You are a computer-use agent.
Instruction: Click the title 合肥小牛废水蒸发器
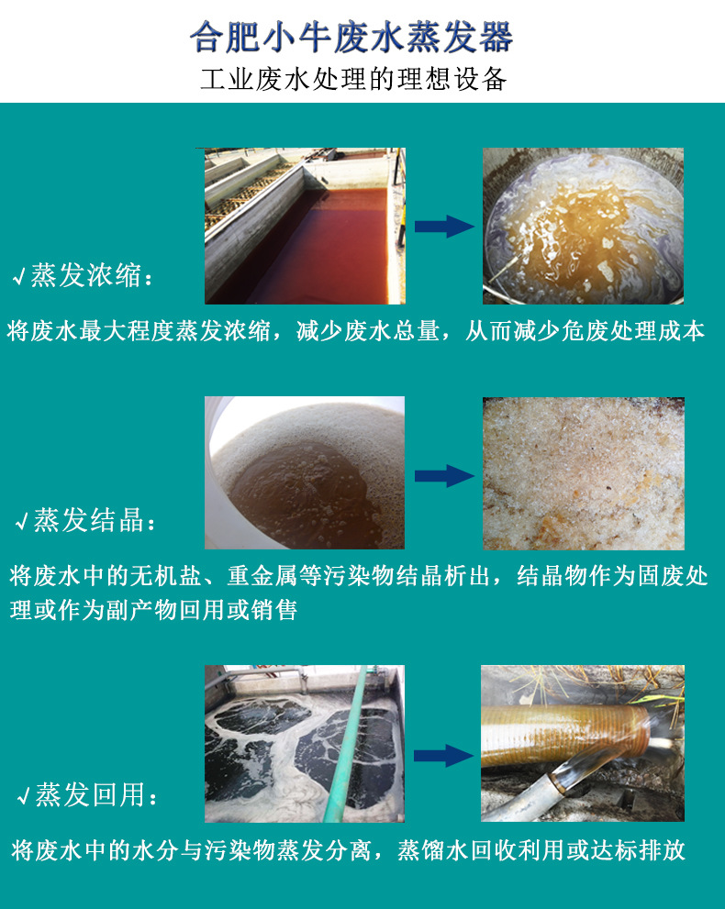click(x=351, y=38)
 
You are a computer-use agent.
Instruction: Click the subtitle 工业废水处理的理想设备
click(x=353, y=80)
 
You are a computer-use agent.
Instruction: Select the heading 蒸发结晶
click(x=89, y=522)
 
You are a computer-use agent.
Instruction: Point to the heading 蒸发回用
click(x=90, y=795)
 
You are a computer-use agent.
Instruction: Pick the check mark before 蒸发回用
click(x=22, y=797)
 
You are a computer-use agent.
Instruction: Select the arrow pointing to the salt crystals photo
click(x=444, y=475)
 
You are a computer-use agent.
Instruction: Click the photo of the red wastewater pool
click(x=304, y=226)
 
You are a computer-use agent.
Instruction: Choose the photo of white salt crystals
click(x=583, y=473)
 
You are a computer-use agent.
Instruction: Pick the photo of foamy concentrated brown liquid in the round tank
click(x=583, y=226)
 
